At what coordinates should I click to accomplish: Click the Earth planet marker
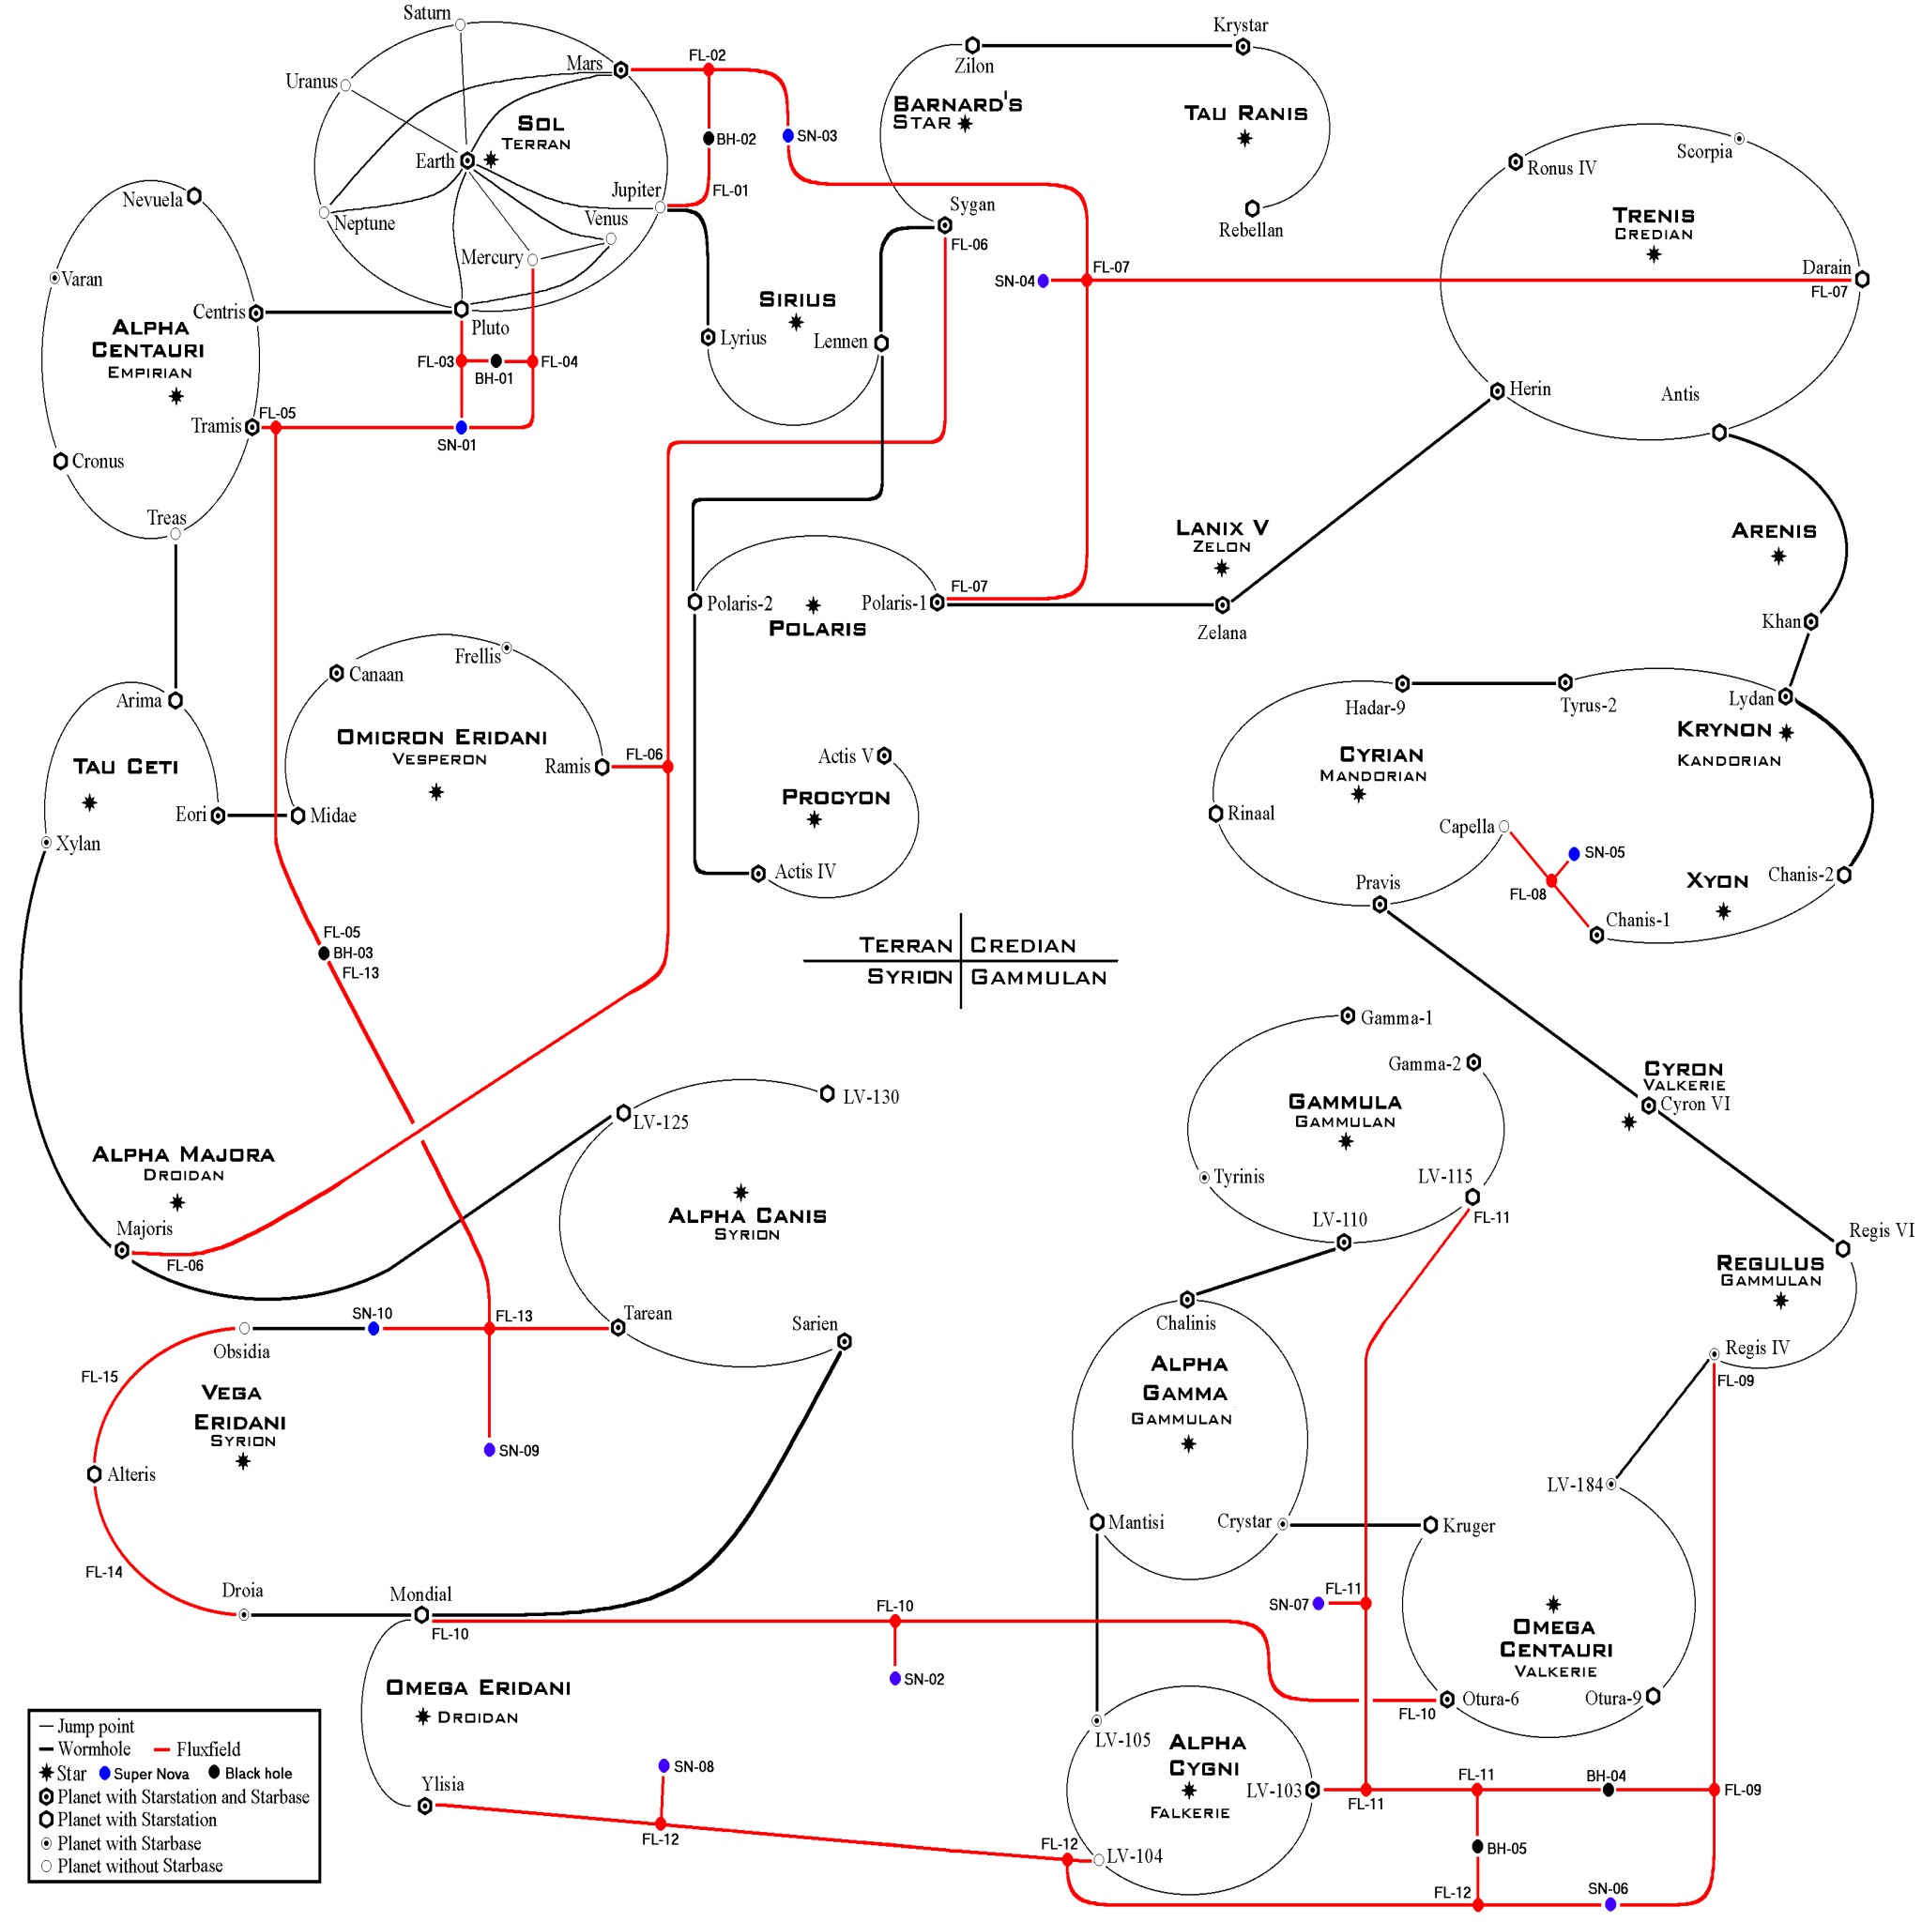(467, 161)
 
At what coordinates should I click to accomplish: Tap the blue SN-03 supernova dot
(788, 135)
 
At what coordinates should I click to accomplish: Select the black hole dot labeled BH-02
(709, 138)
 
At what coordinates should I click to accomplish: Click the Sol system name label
(541, 123)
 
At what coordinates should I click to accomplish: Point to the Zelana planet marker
(1223, 605)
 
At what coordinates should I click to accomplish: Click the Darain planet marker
(1862, 280)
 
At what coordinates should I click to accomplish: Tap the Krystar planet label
(1241, 25)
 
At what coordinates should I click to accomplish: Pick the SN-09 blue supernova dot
(490, 1449)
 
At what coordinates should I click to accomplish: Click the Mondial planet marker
(421, 1614)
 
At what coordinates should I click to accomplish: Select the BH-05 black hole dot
(1478, 1846)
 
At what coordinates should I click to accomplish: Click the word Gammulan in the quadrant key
(1039, 978)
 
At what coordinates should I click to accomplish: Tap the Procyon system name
(835, 797)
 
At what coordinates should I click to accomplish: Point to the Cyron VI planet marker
(1648, 1106)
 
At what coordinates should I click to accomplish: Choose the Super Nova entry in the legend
(145, 1774)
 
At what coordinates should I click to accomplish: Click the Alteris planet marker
(95, 1474)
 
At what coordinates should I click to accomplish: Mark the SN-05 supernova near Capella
(1574, 854)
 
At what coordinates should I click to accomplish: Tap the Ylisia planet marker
(425, 1806)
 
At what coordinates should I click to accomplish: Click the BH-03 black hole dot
(324, 953)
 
